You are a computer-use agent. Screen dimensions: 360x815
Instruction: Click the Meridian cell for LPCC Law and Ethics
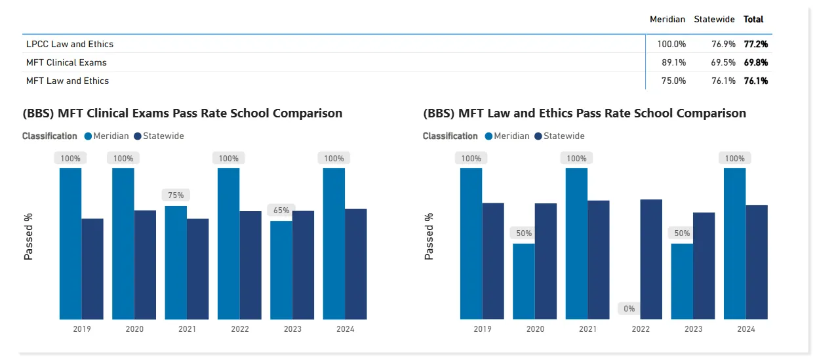[x=671, y=44]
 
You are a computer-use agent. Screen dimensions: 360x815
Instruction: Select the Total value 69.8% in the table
[x=755, y=62]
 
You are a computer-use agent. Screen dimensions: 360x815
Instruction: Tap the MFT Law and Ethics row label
[x=68, y=81]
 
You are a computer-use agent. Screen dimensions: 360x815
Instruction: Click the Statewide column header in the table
[x=714, y=19]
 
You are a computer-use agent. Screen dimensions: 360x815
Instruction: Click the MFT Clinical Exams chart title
[x=182, y=113]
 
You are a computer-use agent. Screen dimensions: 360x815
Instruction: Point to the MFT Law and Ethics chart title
[x=585, y=113]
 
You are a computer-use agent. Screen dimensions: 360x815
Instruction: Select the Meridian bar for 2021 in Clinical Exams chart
[x=176, y=262]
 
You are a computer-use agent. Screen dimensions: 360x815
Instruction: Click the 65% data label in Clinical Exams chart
[x=281, y=210]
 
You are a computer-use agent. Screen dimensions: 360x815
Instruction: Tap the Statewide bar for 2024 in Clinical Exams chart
[x=356, y=264]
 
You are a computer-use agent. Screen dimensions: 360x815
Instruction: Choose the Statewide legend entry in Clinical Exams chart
[x=159, y=136]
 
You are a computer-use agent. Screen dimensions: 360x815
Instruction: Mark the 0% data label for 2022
[x=629, y=308]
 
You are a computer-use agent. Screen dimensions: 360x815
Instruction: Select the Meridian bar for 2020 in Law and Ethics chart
[x=523, y=281]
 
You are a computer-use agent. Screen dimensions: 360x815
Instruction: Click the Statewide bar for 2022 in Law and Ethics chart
[x=651, y=259]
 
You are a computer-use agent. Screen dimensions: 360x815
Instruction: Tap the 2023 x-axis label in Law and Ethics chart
[x=693, y=329]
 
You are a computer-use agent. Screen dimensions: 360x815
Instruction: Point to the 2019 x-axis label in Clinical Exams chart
[x=81, y=329]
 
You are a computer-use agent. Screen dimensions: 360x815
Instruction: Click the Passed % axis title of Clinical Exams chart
[x=29, y=237]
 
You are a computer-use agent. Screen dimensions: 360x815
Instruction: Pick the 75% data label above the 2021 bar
[x=176, y=195]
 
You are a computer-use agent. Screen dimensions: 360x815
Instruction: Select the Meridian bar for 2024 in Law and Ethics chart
[x=734, y=243]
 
